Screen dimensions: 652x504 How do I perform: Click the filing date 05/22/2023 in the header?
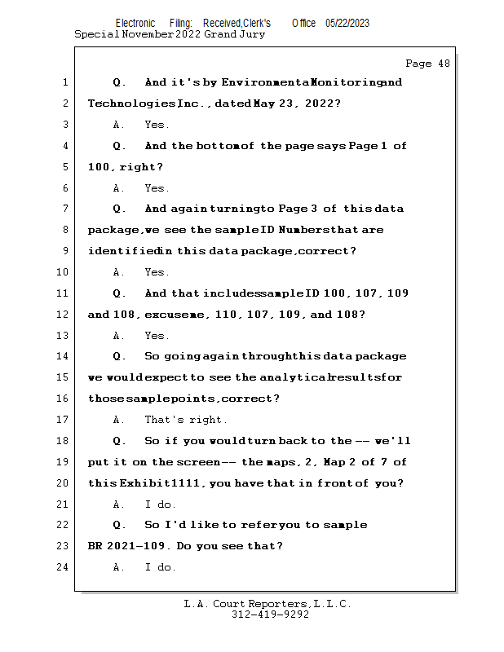point(347,24)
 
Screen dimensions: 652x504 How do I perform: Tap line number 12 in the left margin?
point(64,315)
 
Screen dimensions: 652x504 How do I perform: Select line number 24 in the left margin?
point(64,567)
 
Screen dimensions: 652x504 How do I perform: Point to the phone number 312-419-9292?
point(270,615)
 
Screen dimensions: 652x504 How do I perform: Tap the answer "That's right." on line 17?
point(186,420)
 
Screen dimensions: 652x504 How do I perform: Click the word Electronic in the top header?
point(135,24)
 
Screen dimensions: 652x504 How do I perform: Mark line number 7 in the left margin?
point(64,209)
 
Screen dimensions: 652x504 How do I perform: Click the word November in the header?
point(147,35)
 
